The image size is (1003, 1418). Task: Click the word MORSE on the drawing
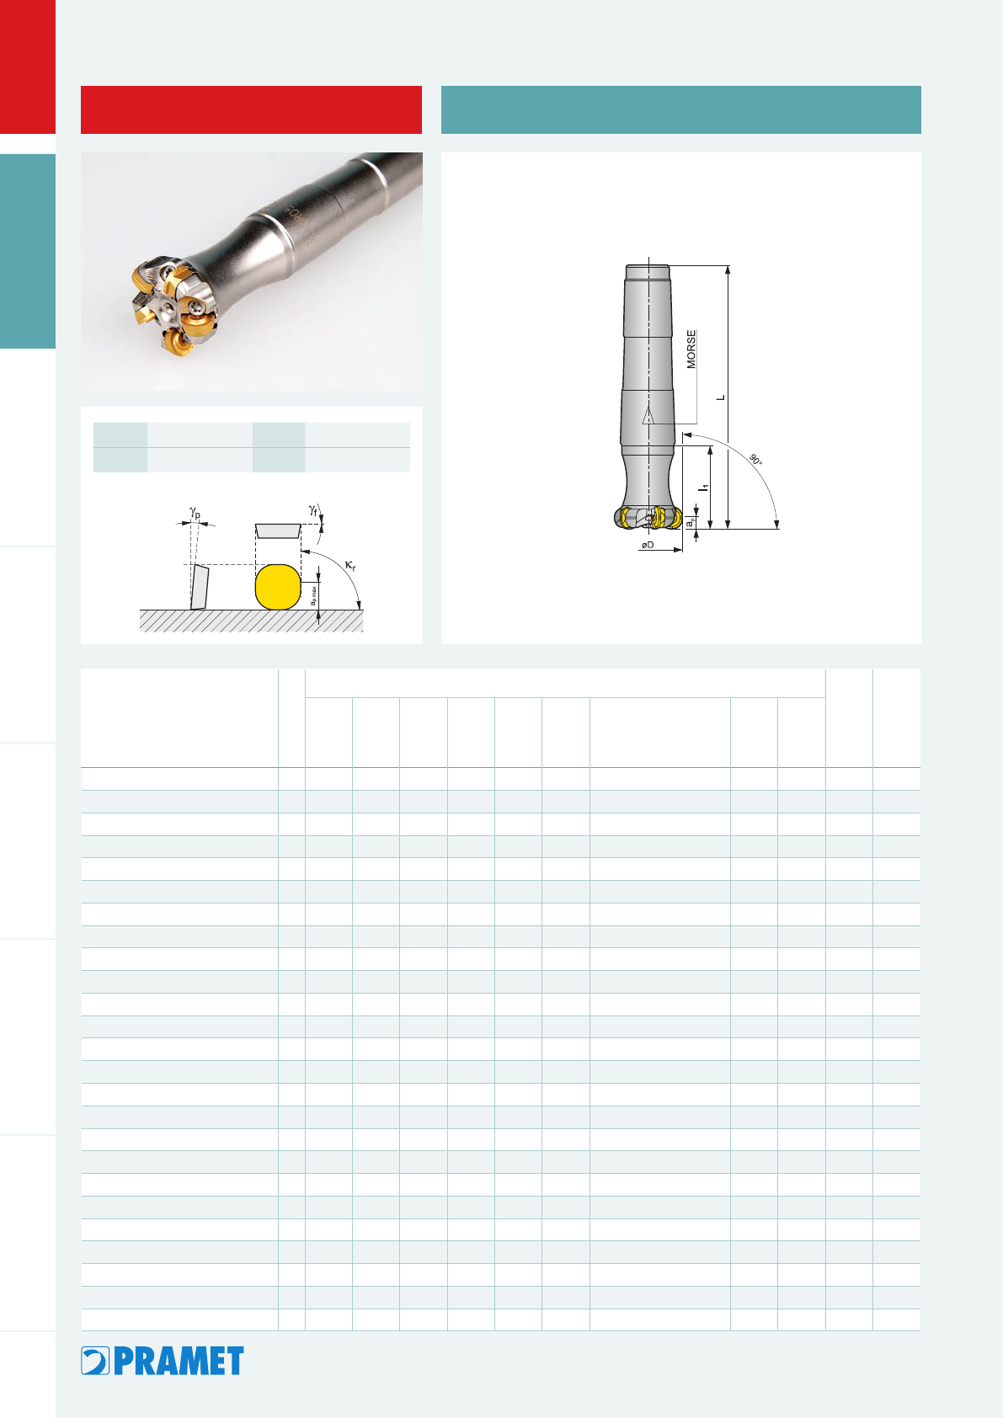[691, 349]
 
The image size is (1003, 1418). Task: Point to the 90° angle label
[756, 460]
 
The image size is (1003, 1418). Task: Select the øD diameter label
[648, 545]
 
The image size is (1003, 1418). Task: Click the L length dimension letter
[721, 397]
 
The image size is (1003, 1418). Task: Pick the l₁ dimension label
[703, 488]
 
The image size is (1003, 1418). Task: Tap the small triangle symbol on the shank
[648, 416]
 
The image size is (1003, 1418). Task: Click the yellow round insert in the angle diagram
[278, 587]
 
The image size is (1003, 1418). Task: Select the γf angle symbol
[312, 509]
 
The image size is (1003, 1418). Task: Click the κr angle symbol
[350, 565]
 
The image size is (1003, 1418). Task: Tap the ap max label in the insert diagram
[313, 596]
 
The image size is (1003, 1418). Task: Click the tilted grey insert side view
[200, 587]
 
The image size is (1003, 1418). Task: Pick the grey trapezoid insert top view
[278, 530]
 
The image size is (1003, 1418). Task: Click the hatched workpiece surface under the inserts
[252, 621]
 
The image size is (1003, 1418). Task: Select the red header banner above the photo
[252, 109]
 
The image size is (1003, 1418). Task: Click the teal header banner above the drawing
[680, 109]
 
